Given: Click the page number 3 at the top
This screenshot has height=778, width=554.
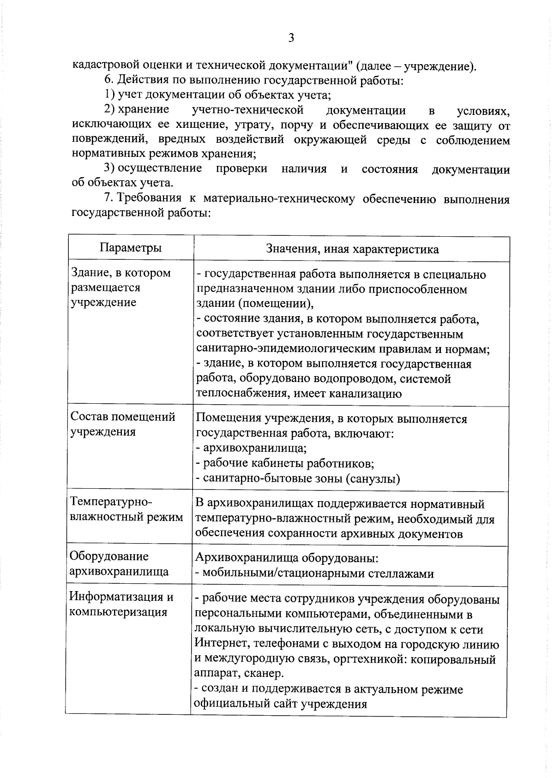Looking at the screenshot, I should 291,38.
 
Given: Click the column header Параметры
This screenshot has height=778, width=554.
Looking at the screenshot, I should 131,248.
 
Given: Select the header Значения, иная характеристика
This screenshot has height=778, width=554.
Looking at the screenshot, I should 352,250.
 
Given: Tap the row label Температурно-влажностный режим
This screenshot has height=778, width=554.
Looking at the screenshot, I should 126,509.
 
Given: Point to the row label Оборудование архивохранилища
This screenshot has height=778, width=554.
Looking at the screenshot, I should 119,564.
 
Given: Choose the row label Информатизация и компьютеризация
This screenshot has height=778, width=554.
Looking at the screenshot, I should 121,604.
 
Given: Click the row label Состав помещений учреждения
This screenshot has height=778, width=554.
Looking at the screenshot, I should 123,424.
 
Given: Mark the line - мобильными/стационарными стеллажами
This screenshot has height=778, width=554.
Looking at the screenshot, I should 314,574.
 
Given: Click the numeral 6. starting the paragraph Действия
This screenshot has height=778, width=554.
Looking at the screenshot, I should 109,81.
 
